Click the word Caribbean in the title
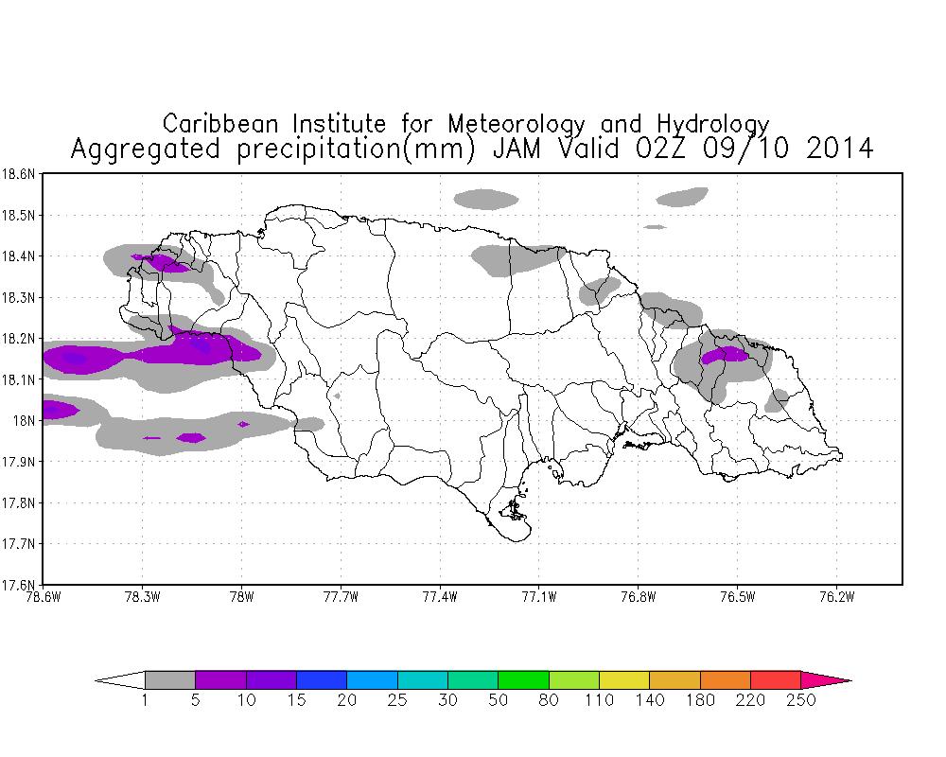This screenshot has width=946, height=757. click(x=220, y=124)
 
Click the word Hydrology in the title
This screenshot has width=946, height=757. click(x=713, y=125)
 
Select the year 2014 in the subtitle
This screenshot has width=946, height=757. click(x=840, y=149)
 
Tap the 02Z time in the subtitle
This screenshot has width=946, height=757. click(x=660, y=149)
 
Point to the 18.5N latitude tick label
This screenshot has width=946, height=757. click(x=18, y=216)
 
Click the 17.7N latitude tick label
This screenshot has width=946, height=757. click(x=18, y=543)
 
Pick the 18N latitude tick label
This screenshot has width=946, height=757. click(x=25, y=420)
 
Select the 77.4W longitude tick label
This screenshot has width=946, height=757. click(x=440, y=597)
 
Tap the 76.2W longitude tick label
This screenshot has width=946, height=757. click(x=836, y=597)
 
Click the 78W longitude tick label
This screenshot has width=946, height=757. click(x=241, y=597)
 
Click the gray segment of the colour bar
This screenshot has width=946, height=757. click(x=170, y=680)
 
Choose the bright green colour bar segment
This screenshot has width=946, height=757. click(x=524, y=680)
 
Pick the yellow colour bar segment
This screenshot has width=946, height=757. click(x=624, y=680)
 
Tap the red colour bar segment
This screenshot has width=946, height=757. click(x=776, y=680)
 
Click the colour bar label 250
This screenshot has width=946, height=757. click(x=801, y=700)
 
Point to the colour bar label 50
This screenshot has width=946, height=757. click(x=499, y=700)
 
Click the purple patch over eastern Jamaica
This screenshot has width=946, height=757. click(x=725, y=354)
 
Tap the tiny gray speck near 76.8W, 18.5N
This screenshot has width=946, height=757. click(x=656, y=227)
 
